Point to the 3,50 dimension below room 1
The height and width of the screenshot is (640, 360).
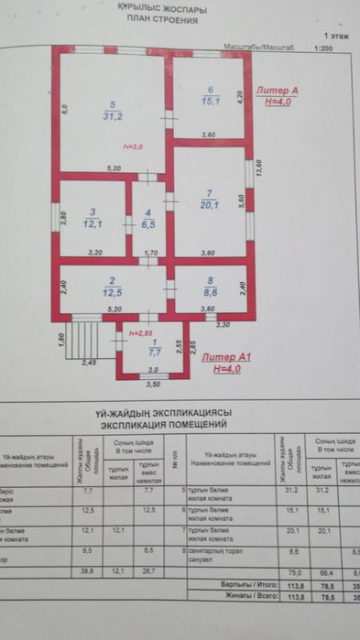click(x=153, y=385)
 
